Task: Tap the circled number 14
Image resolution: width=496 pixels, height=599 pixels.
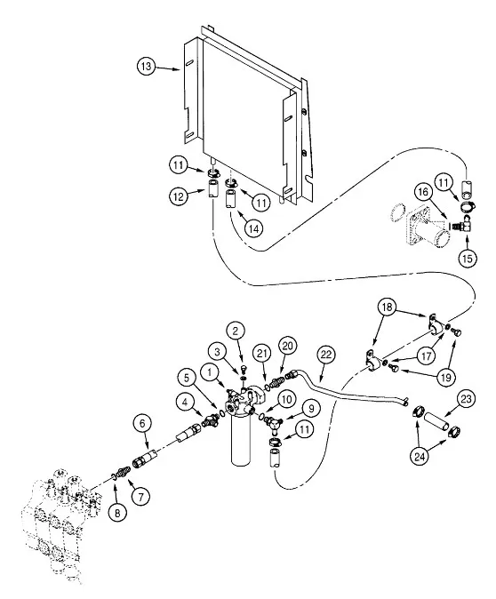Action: (x=253, y=228)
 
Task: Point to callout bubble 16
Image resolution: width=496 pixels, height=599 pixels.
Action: (x=424, y=192)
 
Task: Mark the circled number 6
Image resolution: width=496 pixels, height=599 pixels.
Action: (x=141, y=423)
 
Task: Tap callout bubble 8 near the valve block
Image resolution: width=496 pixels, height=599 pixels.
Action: (x=116, y=511)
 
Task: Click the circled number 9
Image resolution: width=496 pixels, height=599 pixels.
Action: (x=310, y=408)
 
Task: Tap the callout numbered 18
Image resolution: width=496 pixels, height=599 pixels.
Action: (x=386, y=308)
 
